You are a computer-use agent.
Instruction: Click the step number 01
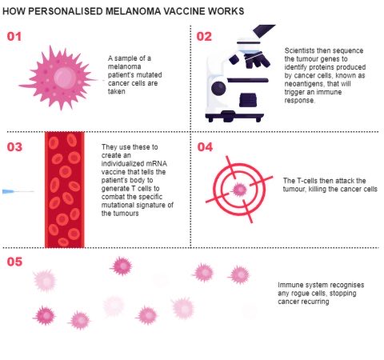pos(14,37)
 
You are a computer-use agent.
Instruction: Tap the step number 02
pos(204,37)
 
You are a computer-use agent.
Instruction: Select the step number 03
pos(14,147)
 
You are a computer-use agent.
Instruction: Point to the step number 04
pos(205,147)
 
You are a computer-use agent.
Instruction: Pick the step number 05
pos(14,262)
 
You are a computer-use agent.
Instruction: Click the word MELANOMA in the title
pos(133,11)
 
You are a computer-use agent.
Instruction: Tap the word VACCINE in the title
pos(184,11)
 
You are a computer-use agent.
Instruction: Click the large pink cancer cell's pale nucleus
pos(65,78)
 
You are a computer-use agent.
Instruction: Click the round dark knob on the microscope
pos(218,89)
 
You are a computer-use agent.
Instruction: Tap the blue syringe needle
pos(18,191)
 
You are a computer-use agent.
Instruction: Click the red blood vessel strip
pos(65,190)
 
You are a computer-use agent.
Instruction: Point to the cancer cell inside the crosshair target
pos(239,190)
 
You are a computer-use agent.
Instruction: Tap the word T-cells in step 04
pos(304,181)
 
